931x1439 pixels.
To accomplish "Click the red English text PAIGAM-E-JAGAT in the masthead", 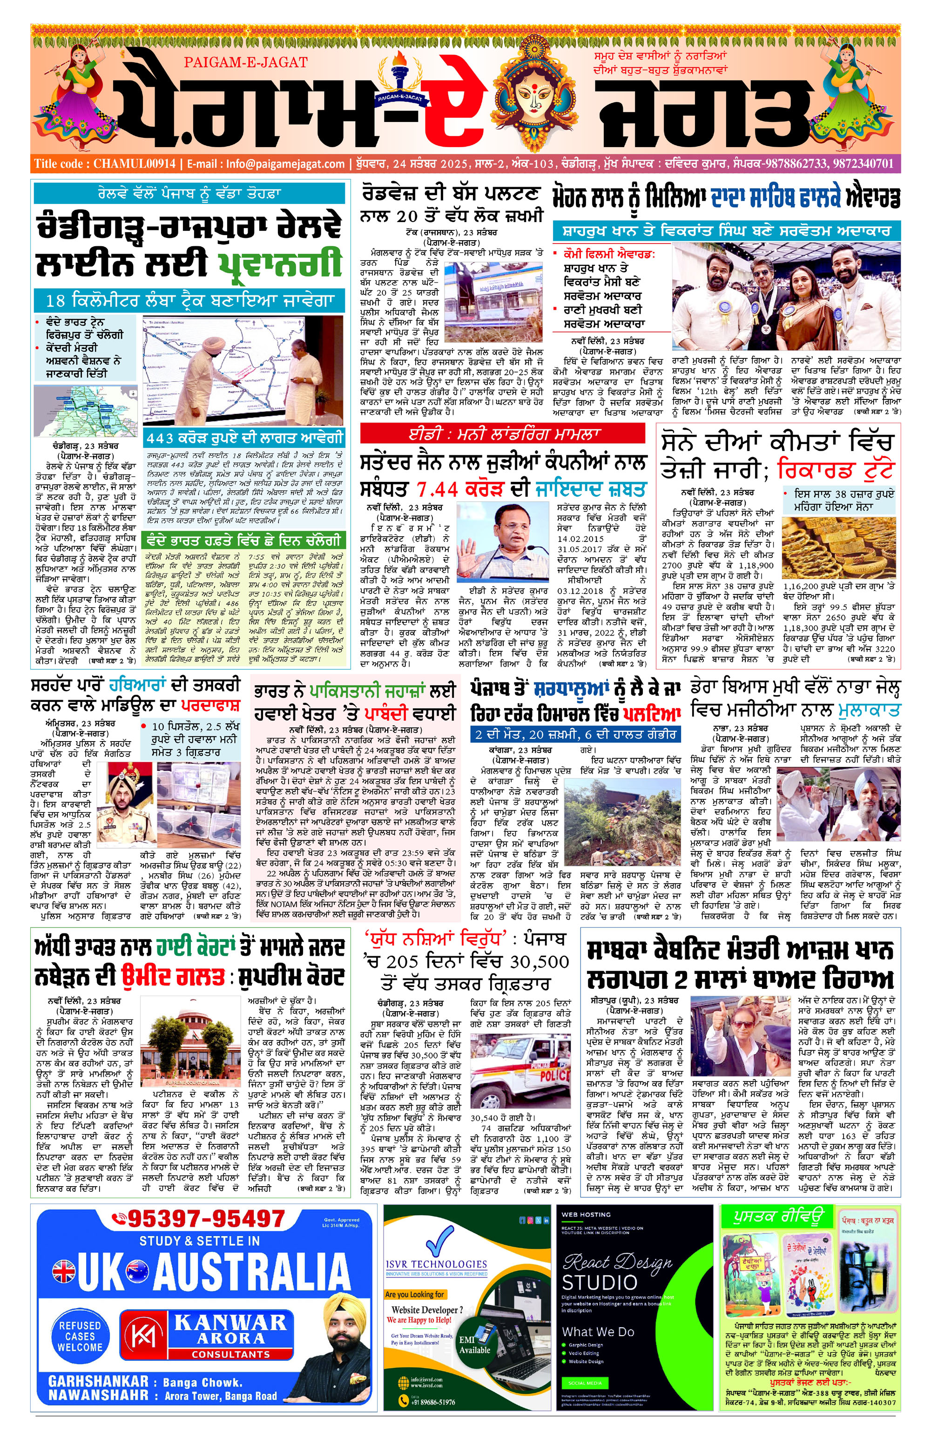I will [245, 62].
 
